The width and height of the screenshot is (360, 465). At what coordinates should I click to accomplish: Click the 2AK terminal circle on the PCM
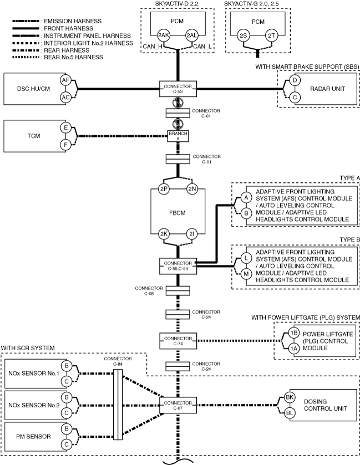click(164, 35)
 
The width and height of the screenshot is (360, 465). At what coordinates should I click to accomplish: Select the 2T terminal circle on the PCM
click(271, 36)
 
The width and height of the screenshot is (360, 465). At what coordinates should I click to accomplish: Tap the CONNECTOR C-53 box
click(178, 89)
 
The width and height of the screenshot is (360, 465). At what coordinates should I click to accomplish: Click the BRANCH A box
click(178, 136)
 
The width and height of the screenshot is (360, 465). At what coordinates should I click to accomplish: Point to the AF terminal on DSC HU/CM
click(65, 80)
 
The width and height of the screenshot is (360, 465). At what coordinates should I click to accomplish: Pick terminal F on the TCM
click(65, 145)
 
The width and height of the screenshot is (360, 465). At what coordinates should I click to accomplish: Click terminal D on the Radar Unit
click(295, 80)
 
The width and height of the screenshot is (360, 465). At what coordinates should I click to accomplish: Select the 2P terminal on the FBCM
click(164, 189)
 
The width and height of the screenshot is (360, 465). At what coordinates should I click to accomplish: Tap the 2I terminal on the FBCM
click(192, 234)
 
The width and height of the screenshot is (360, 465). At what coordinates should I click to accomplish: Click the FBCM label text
click(178, 213)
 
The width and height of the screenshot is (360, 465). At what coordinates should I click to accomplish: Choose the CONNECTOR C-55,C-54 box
click(178, 265)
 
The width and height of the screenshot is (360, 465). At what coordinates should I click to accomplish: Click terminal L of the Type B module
click(246, 258)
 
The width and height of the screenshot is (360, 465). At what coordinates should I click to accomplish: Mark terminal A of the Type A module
click(246, 197)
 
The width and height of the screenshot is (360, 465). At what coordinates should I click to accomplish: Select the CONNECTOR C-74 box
click(178, 341)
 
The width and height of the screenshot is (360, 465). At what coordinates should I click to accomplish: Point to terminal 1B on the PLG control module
click(294, 333)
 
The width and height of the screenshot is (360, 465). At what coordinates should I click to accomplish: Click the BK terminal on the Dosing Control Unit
click(290, 397)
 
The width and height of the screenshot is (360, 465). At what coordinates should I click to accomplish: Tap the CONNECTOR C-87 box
click(178, 405)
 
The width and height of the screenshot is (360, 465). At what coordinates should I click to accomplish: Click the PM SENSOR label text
click(33, 437)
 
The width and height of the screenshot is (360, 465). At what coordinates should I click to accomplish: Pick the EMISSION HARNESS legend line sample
click(26, 22)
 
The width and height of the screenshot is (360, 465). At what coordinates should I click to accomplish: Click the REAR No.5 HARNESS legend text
click(74, 57)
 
